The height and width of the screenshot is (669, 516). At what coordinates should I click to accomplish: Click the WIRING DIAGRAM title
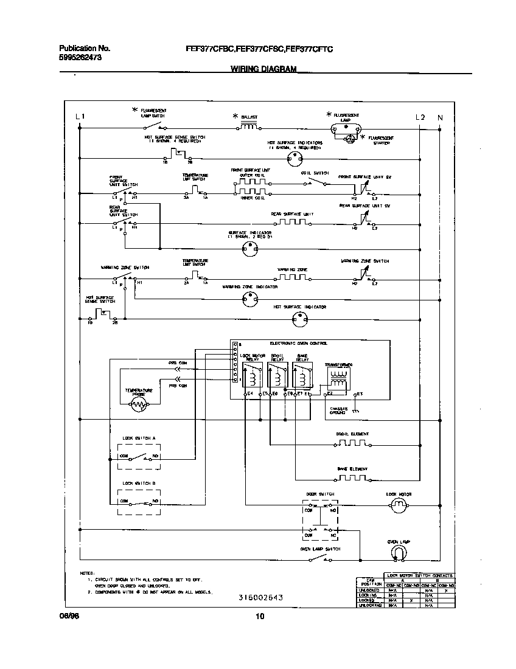point(263,69)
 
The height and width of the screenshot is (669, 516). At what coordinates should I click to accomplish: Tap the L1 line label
point(80,117)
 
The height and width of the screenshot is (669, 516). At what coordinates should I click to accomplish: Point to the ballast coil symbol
point(248,127)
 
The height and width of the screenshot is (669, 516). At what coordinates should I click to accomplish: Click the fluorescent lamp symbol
point(344,128)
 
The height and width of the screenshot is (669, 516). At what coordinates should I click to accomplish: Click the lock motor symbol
point(399,504)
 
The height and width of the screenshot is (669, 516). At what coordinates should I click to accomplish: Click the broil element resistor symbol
point(352,444)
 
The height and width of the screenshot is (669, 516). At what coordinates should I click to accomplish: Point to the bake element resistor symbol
point(352,479)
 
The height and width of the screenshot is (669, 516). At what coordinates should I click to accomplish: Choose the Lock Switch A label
point(139,438)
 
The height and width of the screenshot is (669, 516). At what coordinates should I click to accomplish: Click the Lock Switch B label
point(139,483)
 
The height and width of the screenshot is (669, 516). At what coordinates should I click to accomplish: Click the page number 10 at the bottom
point(260,617)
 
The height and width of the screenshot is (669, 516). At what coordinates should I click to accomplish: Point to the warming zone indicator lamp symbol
point(248,297)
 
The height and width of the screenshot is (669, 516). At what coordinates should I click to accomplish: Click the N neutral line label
point(441,117)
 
